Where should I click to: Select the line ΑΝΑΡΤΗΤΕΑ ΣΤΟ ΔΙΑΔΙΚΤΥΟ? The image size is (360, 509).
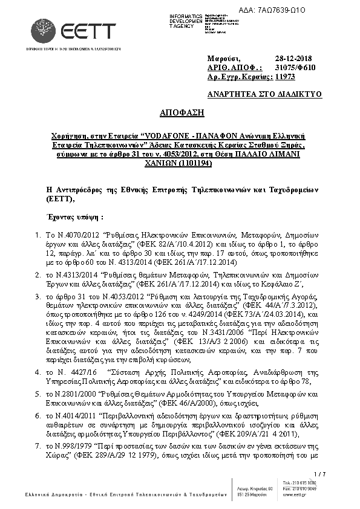coord(264,94)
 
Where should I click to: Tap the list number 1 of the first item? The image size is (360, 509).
coord(39,233)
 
